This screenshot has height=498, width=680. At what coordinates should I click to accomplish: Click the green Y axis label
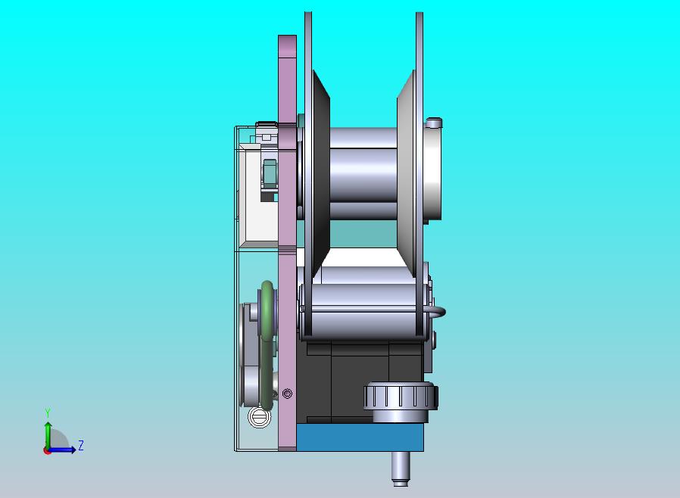(48, 412)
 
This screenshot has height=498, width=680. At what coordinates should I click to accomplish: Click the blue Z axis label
(81, 445)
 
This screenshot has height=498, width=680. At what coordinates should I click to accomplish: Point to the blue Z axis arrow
(61, 450)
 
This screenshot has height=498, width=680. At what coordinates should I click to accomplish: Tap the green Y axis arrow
(48, 436)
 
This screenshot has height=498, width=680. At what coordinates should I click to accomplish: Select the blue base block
(360, 437)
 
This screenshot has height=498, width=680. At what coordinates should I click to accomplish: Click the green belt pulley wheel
(267, 344)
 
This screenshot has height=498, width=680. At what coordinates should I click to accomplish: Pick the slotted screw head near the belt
(259, 417)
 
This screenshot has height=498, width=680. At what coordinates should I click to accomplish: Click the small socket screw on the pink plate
(287, 394)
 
